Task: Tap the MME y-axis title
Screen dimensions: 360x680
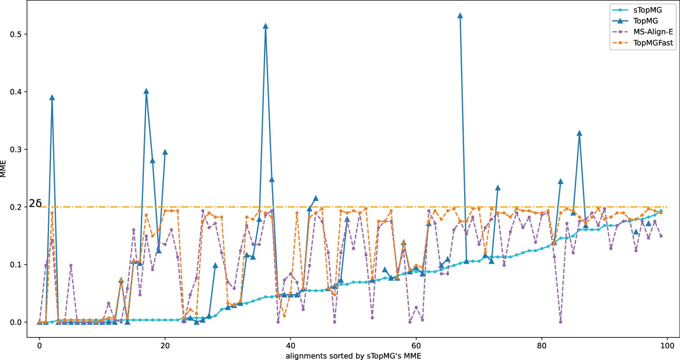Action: [4, 178]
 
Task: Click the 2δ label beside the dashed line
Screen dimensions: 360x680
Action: [35, 204]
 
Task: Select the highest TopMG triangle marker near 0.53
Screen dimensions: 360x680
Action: [460, 16]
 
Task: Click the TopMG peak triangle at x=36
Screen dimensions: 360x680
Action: [265, 26]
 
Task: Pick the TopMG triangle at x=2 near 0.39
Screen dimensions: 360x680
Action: [52, 98]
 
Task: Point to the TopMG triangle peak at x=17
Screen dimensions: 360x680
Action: [146, 91]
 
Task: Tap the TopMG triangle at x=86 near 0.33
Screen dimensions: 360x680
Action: [579, 133]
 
